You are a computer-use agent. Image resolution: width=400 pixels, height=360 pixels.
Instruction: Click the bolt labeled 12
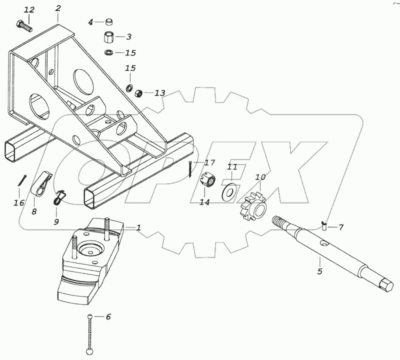point(24,25)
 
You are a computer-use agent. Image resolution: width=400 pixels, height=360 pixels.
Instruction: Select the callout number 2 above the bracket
point(58,8)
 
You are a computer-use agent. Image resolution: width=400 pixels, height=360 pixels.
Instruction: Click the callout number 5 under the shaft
point(319,271)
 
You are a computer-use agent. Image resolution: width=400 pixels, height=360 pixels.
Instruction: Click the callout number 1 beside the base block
point(138,227)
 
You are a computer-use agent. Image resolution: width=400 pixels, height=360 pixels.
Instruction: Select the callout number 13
point(159,93)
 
